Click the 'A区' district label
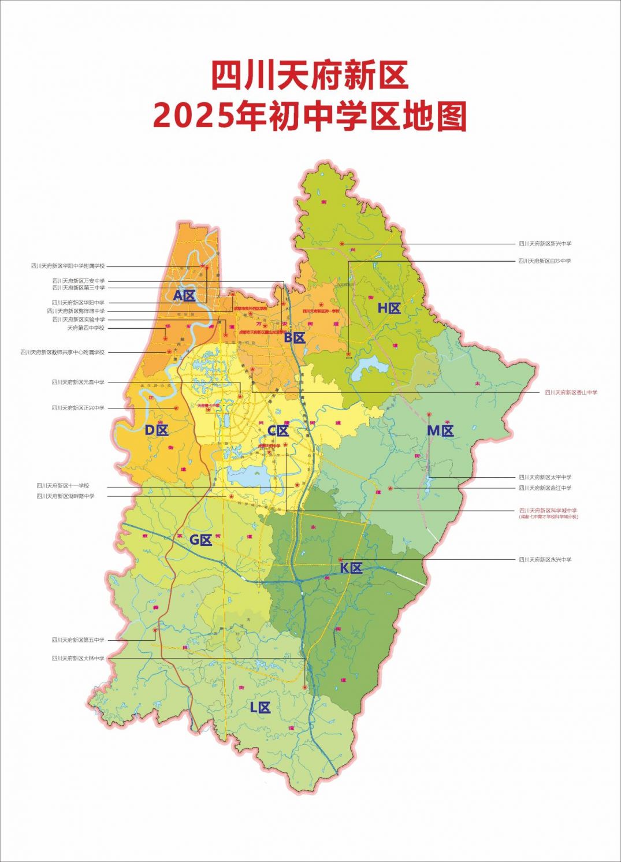185,296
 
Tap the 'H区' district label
389,308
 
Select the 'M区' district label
440,430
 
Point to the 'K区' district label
351,568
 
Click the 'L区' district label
260,707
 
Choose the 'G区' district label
201,540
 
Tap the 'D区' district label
156,430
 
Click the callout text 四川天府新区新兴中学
544,244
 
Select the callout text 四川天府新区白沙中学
544,261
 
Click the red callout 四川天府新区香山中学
571,392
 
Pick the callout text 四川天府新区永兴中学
544,559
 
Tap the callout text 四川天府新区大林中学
78,658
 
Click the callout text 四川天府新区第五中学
78,640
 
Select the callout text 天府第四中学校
85,328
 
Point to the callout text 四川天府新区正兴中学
78,408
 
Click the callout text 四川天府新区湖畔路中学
65,496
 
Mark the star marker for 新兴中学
342,244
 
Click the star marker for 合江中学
391,489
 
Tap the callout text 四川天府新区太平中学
544,477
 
